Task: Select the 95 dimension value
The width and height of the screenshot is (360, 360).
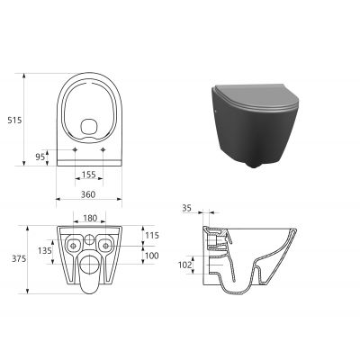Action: pos(40,156)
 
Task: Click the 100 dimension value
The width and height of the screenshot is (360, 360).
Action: pos(152,256)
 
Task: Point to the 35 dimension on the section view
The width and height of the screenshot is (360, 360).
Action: pos(187,208)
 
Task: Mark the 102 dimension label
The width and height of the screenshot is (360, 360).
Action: pos(185,265)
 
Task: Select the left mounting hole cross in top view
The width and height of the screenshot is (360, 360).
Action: pos(70,148)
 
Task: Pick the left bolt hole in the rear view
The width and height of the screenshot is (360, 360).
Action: pos(70,244)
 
